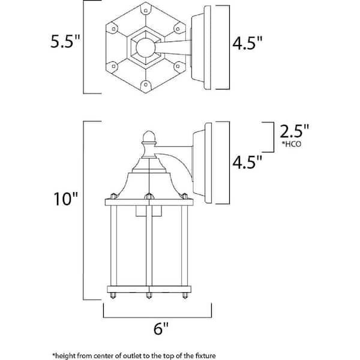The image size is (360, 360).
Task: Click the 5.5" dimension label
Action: pos(65,41)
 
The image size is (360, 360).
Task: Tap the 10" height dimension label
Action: pos(65,199)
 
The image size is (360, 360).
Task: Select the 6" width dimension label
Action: pos(161,328)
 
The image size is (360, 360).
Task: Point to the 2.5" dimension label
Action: pos(294,131)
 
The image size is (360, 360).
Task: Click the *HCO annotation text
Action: pos(292,144)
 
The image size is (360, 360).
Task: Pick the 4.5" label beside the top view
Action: pos(247,43)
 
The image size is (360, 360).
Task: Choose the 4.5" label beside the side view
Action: pos(247,162)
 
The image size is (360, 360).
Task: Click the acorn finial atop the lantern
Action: pos(149,137)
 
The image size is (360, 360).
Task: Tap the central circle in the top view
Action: pos(145,48)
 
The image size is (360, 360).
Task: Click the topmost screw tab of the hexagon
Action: pos(146,10)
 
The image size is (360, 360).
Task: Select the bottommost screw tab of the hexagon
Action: pos(146,85)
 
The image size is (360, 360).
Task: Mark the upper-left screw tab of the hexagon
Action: pos(113,29)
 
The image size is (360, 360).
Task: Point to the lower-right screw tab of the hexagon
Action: pos(178,67)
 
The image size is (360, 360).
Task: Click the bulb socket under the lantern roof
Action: pos(149,211)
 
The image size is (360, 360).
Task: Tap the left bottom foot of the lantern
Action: pos(113,295)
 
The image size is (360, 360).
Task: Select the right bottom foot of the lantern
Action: pos(185,295)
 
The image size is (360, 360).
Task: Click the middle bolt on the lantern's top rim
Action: pos(149,196)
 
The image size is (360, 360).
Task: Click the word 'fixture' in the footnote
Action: pos(205,356)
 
